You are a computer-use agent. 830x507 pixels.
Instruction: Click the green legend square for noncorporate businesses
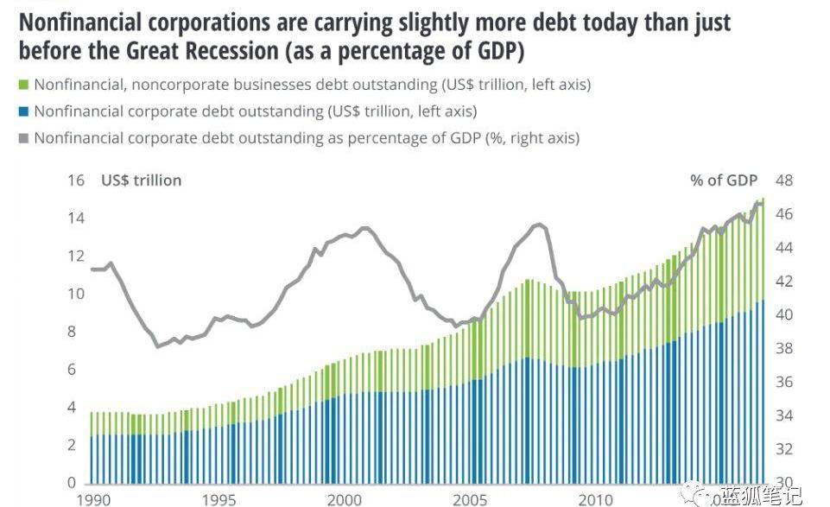tap(23, 85)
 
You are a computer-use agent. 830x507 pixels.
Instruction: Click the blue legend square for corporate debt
tap(23, 111)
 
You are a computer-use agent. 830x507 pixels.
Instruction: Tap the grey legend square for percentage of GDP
tap(23, 138)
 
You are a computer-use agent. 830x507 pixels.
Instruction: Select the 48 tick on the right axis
tap(783, 181)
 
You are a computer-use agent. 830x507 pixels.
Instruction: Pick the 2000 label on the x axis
tap(345, 500)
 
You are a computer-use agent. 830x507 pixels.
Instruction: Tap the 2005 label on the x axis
tap(470, 500)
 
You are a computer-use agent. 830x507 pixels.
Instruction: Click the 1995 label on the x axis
tap(219, 500)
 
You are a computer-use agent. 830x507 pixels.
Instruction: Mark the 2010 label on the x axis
tap(596, 500)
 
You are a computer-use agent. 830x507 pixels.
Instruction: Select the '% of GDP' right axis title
tap(724, 181)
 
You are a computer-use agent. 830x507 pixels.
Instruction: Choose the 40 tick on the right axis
tap(783, 315)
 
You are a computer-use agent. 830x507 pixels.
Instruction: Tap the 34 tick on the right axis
tap(783, 416)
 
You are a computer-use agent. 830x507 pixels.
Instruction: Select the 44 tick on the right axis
tap(783, 248)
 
